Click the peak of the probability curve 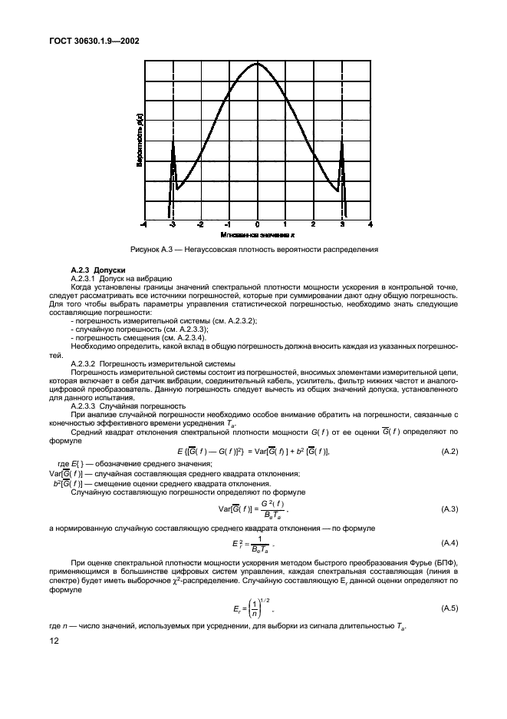[x=257, y=63]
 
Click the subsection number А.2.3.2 [x=85, y=363]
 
